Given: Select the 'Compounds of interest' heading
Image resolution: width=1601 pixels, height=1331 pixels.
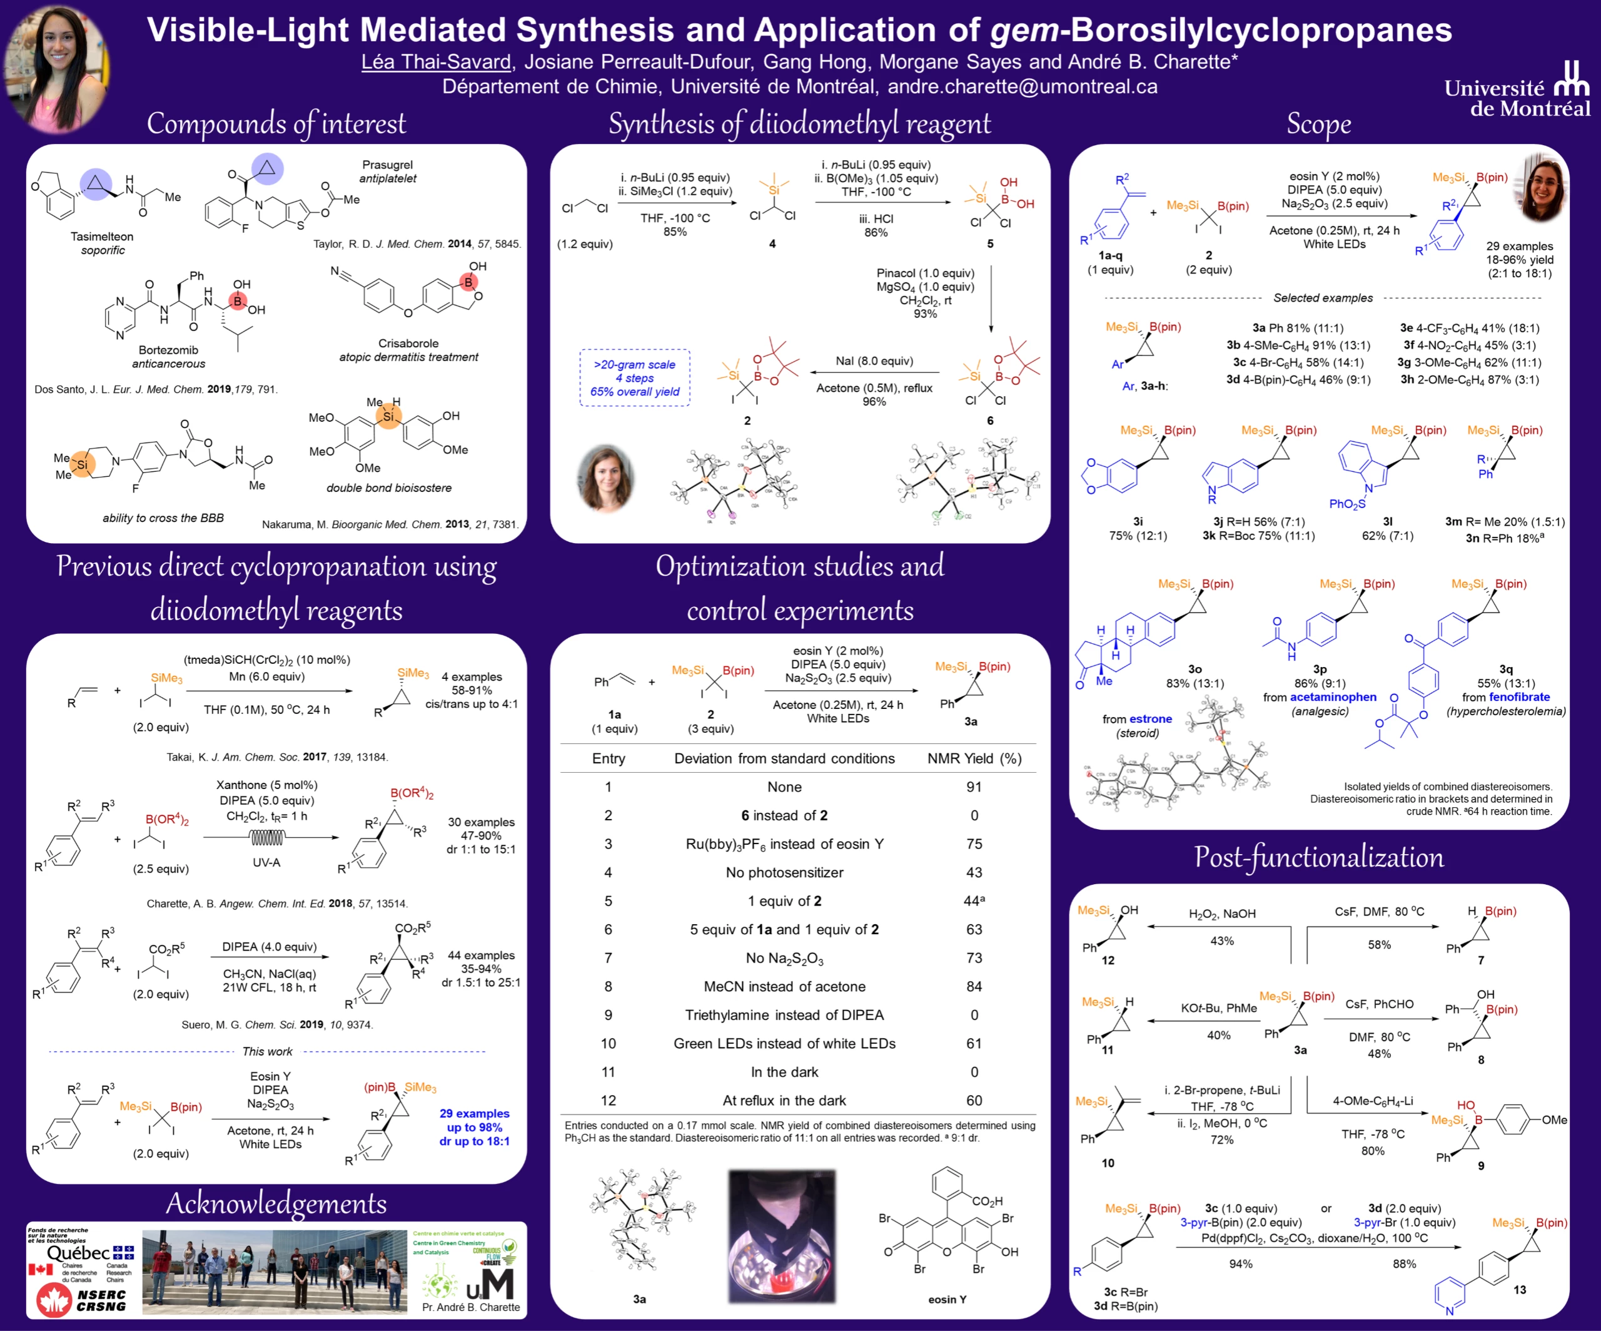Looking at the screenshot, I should click(x=276, y=123).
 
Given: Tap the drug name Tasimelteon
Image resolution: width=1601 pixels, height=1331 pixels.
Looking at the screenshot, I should click(x=101, y=237).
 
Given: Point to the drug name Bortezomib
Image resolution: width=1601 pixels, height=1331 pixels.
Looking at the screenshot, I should click(x=168, y=350).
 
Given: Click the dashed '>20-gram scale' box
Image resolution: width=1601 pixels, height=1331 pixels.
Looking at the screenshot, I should click(x=634, y=377).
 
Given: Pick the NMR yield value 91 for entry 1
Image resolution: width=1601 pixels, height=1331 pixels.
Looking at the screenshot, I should click(x=974, y=787).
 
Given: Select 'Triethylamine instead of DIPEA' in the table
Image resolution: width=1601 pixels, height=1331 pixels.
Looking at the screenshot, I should click(x=784, y=1015).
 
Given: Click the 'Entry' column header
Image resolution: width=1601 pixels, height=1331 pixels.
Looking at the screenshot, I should click(x=609, y=758).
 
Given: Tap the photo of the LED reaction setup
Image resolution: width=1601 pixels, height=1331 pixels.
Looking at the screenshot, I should click(x=782, y=1236).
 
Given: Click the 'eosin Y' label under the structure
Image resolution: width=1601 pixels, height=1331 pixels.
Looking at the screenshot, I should click(x=947, y=1299).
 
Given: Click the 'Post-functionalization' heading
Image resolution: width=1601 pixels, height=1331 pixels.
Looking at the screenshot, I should click(x=1318, y=857).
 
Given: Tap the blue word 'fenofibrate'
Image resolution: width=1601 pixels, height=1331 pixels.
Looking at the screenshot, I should click(x=1520, y=697).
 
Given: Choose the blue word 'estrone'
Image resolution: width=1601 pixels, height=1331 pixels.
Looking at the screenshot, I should click(x=1151, y=718).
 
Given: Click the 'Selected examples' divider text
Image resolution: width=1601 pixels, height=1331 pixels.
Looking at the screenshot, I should click(x=1323, y=298).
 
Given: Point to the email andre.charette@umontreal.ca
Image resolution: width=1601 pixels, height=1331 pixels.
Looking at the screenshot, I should click(x=1023, y=86).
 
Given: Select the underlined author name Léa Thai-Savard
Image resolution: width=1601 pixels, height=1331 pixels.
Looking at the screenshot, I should click(x=435, y=62).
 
